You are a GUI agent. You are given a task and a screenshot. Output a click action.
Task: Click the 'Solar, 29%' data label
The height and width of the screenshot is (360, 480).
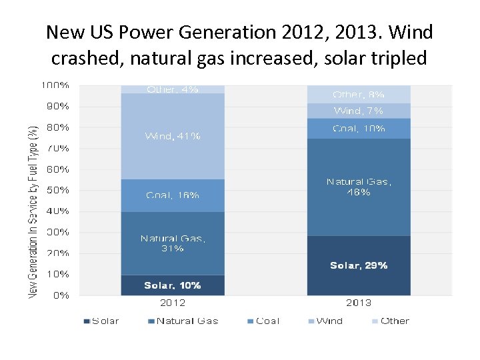359,265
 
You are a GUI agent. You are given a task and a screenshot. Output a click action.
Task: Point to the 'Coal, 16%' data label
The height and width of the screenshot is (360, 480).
172,195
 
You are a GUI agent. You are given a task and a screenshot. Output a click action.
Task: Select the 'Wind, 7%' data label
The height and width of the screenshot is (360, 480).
359,111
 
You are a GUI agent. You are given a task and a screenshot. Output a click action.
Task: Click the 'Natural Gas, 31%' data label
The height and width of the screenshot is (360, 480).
172,243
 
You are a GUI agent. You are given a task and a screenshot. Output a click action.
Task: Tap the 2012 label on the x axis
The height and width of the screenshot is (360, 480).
172,303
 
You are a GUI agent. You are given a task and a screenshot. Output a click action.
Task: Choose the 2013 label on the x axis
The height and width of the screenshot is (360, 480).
359,303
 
